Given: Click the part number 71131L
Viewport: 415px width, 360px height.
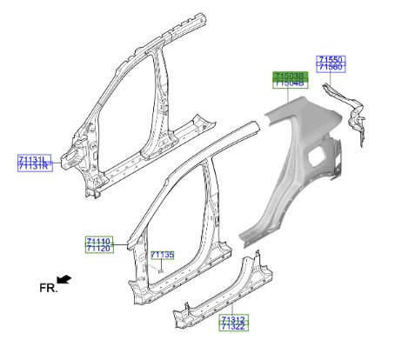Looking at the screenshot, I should coord(34,158).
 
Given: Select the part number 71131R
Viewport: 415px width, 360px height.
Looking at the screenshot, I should coord(34,166).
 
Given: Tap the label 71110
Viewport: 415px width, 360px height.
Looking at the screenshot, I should coord(98,240).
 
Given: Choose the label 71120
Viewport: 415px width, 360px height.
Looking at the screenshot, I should coord(98,249).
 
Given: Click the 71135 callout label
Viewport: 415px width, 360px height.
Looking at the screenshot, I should coord(163,255).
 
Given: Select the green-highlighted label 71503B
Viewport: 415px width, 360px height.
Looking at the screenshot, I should coord(289,76).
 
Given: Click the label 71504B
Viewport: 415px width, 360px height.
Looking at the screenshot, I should coord(289,84).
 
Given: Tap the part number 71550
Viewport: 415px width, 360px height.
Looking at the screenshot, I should coord(331,59).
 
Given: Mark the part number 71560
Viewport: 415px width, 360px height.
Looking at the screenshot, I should coord(331,67).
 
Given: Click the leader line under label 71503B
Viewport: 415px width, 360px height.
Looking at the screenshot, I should coord(289,96).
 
